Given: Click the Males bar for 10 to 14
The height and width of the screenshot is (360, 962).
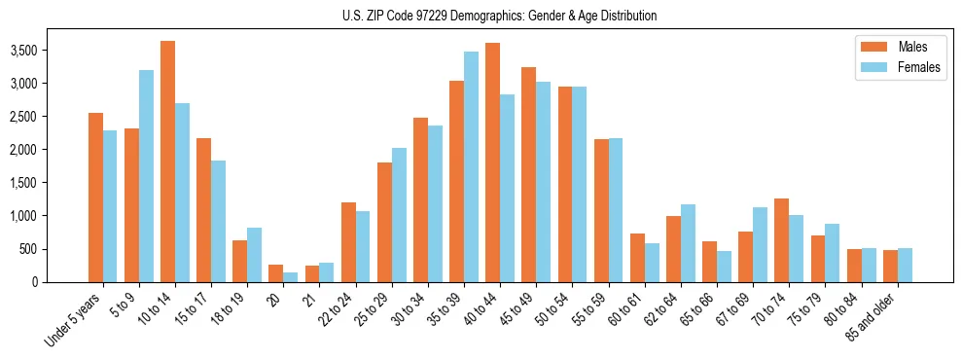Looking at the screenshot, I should tap(167, 162).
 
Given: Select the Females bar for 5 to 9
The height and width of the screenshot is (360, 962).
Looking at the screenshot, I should tap(146, 176).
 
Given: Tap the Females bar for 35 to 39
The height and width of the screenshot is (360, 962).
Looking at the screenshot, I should tap(471, 166).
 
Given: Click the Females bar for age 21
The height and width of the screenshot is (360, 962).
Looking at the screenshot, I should tap(326, 272).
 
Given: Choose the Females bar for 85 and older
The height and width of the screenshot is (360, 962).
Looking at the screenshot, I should tap(904, 265).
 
